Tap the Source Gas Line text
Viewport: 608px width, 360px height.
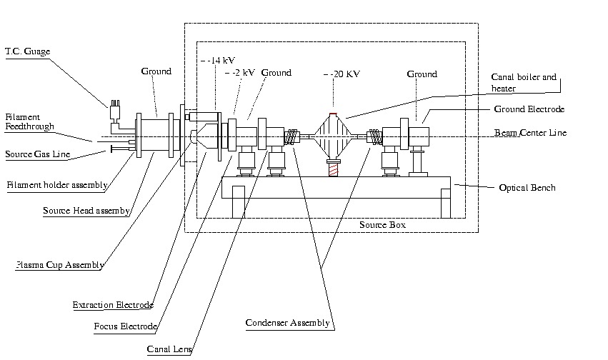click(35, 154)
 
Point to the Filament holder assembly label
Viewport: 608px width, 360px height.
click(57, 185)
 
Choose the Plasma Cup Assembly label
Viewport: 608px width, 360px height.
click(60, 265)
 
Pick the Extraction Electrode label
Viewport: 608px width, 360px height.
click(113, 305)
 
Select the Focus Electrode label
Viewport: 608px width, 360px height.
click(125, 327)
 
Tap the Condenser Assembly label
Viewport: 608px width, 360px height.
click(288, 323)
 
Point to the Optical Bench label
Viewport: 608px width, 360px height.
click(527, 188)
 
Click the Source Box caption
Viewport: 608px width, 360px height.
click(382, 225)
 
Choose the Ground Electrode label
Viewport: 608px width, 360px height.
click(529, 109)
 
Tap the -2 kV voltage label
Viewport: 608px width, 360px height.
click(241, 73)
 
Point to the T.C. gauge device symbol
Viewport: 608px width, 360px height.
click(114, 114)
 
